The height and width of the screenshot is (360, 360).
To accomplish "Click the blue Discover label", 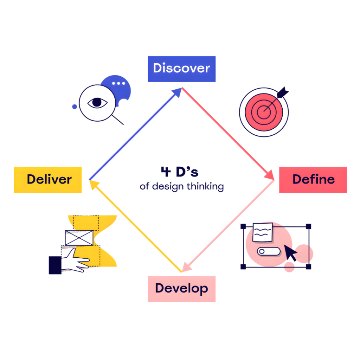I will [181, 69].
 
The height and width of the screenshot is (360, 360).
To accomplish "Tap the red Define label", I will [313, 180].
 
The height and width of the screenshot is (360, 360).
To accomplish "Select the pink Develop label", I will [181, 289].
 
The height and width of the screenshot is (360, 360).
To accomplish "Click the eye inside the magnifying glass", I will [97, 103].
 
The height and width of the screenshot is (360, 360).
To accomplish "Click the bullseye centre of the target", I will [264, 112].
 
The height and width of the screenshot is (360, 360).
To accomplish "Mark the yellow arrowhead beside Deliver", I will [93, 184].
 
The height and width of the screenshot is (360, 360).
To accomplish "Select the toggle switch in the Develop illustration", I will [269, 251].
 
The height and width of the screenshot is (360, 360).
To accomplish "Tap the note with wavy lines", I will [262, 232].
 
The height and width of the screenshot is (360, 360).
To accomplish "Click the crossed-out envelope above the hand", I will [79, 238].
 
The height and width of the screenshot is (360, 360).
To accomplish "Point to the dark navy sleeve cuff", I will [55, 265].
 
